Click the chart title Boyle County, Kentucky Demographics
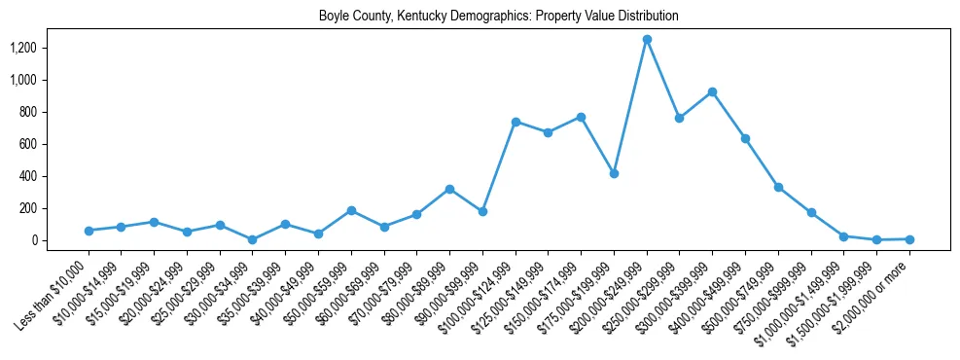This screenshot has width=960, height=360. tap(498, 17)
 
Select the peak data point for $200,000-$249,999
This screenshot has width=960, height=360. tap(647, 39)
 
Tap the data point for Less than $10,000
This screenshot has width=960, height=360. tap(89, 231)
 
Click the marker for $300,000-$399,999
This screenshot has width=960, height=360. tap(713, 91)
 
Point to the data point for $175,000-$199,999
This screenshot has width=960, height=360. tap(614, 173)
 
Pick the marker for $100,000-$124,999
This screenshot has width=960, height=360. tap(516, 122)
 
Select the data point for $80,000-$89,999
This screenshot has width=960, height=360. tap(449, 189)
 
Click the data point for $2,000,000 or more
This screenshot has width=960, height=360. tap(909, 238)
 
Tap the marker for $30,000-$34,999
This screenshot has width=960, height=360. tap(253, 239)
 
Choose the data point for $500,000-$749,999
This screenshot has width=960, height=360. tap(778, 187)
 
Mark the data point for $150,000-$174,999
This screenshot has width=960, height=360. tap(581, 117)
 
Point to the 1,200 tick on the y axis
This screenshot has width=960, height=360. tap(23, 48)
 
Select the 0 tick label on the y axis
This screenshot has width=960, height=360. tap(33, 240)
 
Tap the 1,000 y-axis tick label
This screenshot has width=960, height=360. tap(23, 80)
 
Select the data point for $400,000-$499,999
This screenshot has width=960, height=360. tap(745, 138)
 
